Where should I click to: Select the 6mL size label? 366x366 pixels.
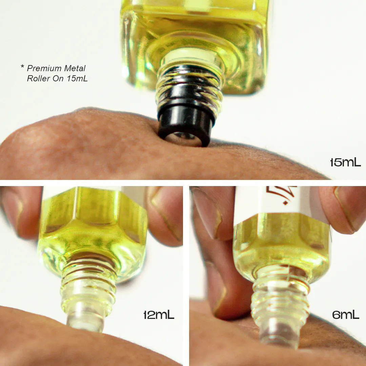tap(345, 315)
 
